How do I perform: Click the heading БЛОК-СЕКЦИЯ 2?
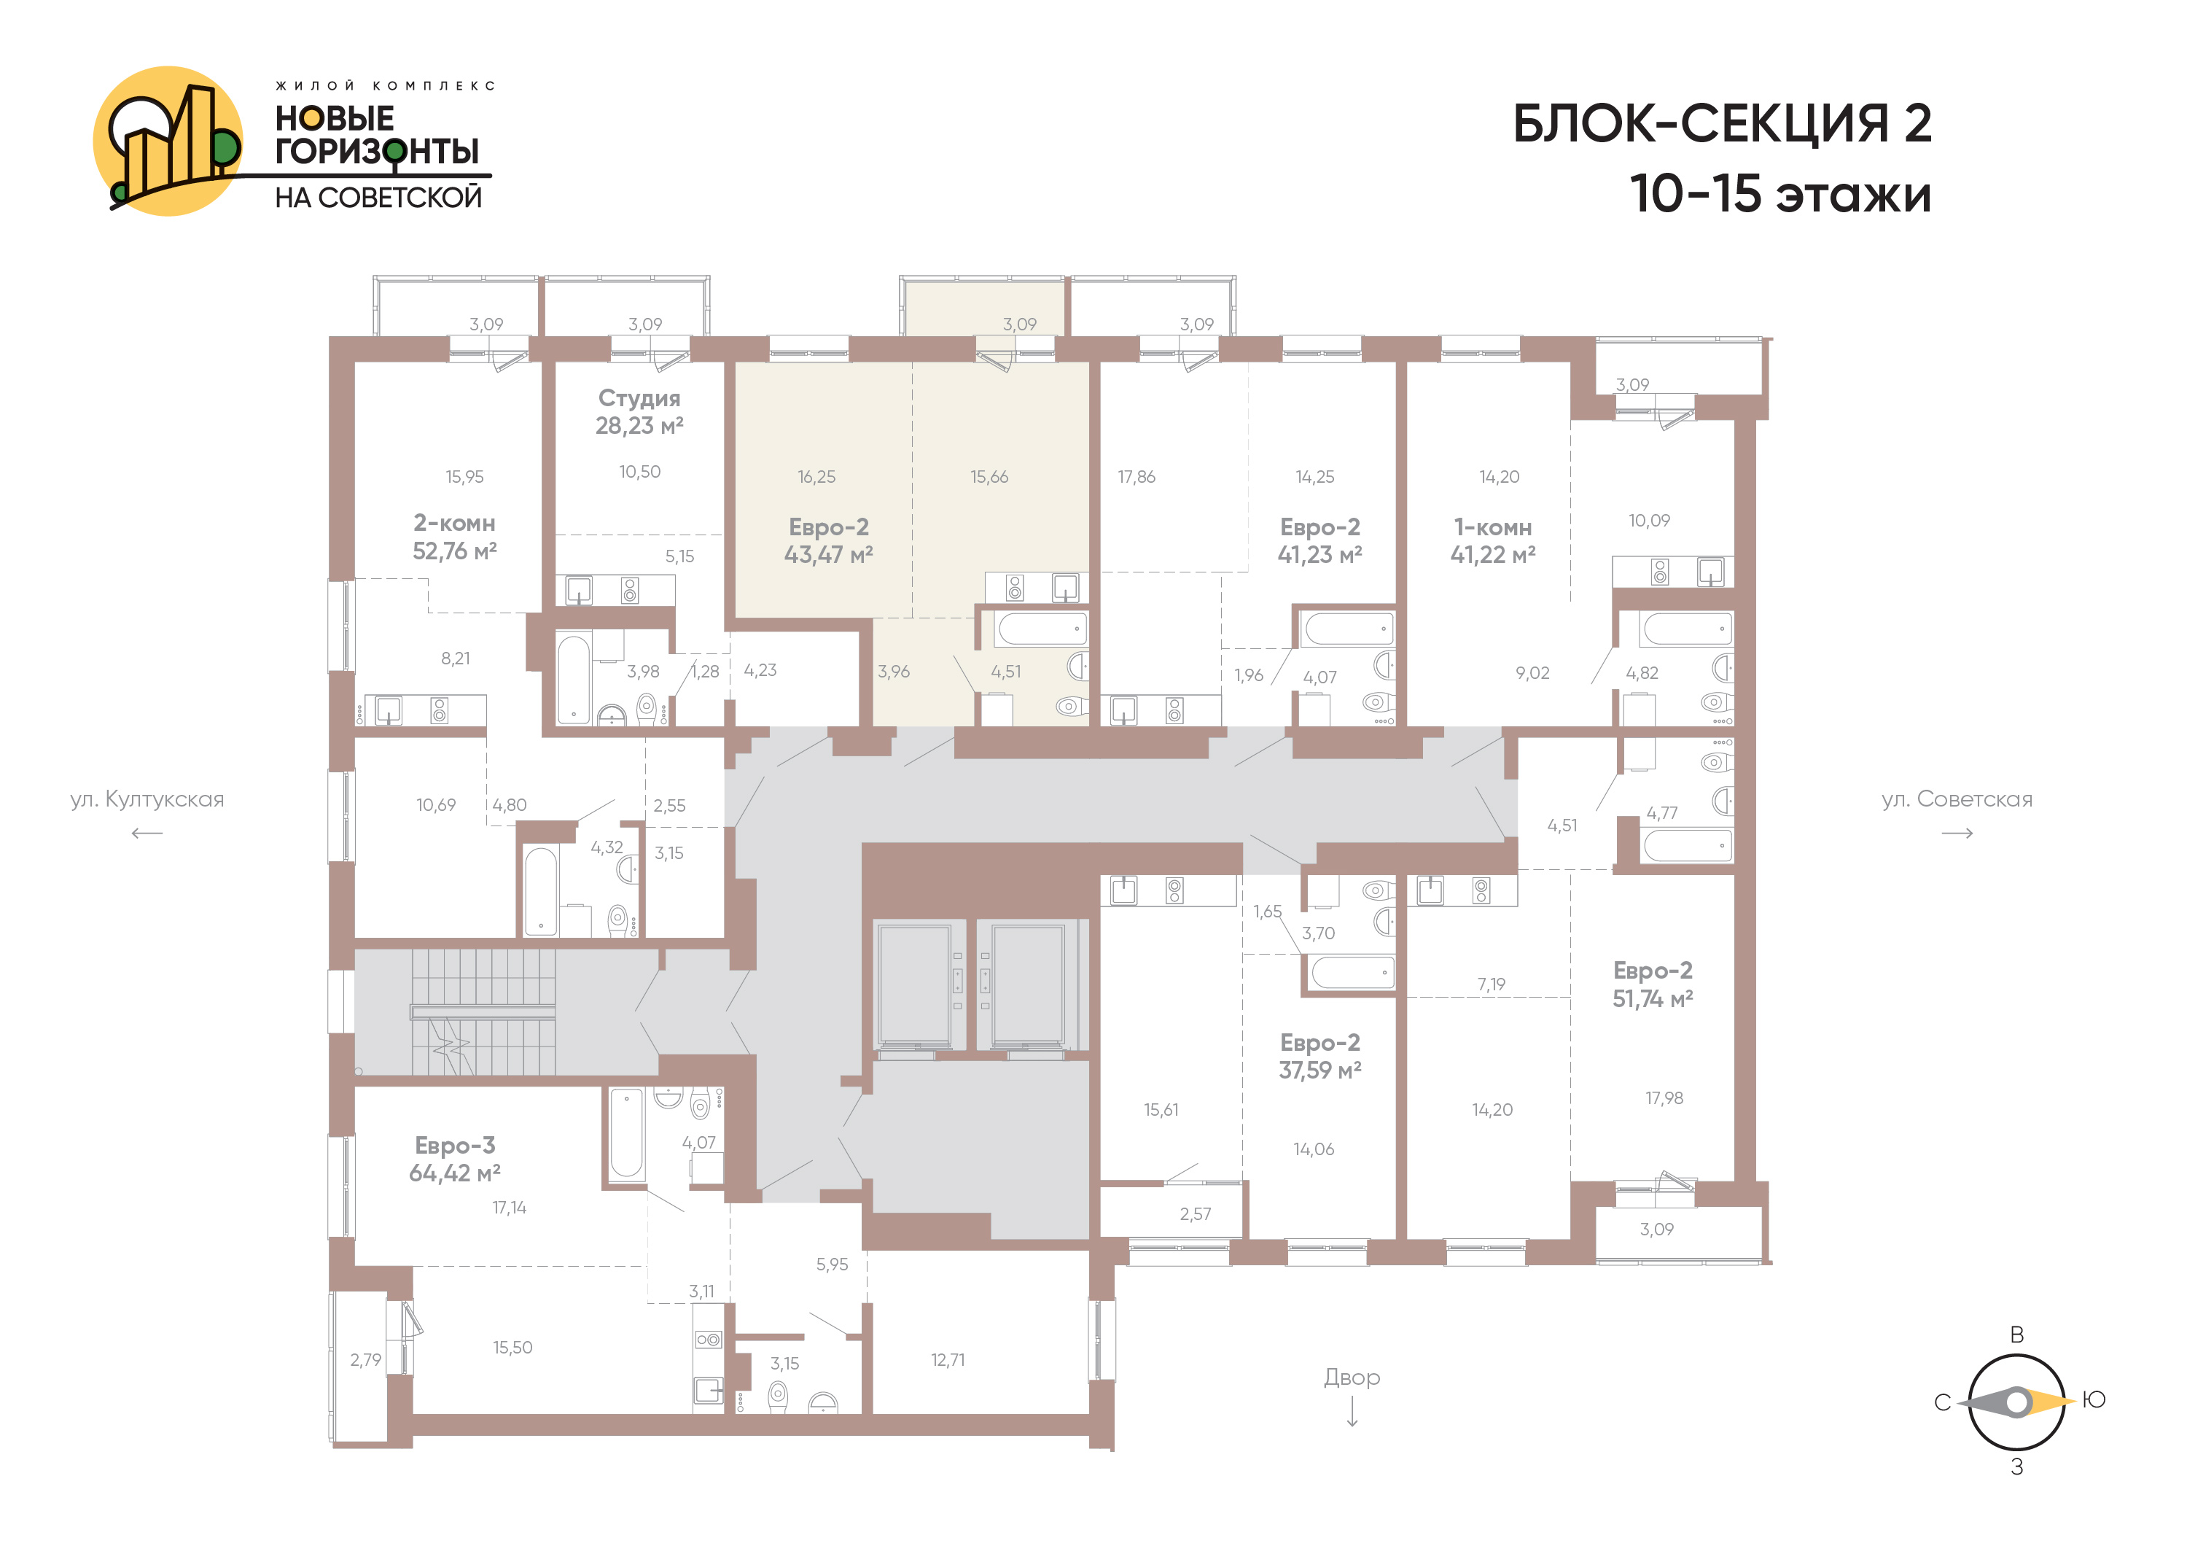tap(1721, 124)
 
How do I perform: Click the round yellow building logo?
tap(168, 141)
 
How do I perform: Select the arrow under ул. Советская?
tap(1957, 834)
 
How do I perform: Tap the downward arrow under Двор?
tap(1352, 1412)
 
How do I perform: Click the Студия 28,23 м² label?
tap(639, 411)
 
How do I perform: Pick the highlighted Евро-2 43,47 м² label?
tap(829, 540)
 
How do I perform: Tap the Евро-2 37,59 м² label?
tap(1320, 1057)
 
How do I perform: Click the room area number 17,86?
tap(1137, 476)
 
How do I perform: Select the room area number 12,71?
tap(948, 1359)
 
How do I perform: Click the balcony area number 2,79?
tap(366, 1359)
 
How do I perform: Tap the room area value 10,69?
tap(436, 805)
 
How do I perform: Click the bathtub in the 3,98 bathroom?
tap(574, 679)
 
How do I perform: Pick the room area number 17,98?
tap(1664, 1098)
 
